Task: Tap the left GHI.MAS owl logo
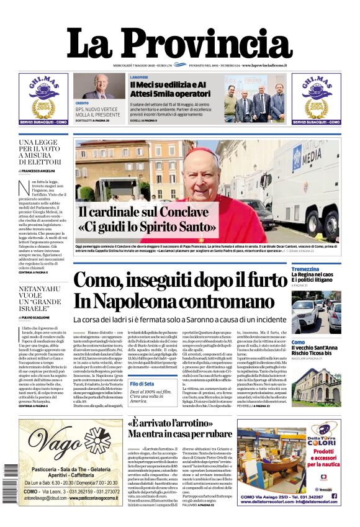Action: pyautogui.click(x=43, y=96)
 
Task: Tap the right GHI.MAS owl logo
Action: pyautogui.click(x=316, y=96)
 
